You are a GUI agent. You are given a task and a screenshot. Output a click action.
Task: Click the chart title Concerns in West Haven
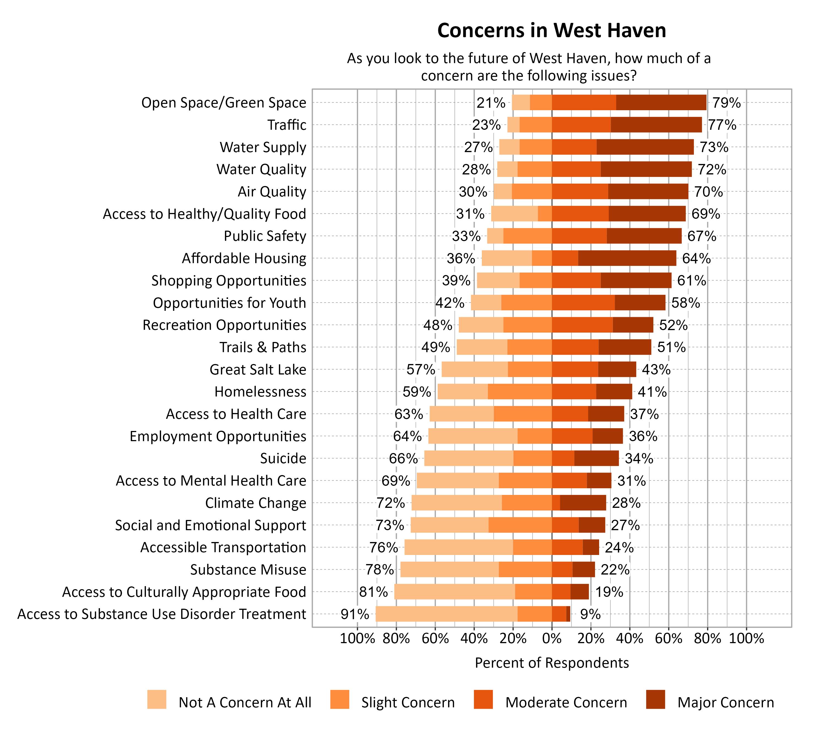click(x=551, y=31)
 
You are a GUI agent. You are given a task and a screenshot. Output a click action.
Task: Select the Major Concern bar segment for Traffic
click(x=656, y=125)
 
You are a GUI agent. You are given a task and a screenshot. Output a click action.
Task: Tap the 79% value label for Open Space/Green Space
click(x=726, y=103)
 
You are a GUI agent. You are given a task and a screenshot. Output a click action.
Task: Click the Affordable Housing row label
click(x=244, y=258)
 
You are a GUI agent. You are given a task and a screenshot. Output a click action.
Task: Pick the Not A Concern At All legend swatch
click(x=157, y=699)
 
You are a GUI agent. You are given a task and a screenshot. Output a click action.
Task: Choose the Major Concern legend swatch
click(x=656, y=699)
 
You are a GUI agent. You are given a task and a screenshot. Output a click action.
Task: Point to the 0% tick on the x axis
click(x=551, y=638)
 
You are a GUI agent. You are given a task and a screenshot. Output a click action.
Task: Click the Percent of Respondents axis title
click(x=551, y=663)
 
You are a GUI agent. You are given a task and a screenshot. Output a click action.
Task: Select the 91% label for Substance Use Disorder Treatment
click(x=355, y=614)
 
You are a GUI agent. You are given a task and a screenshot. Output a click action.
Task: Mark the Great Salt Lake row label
click(x=258, y=370)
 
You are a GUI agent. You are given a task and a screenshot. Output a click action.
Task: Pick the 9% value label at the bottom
click(x=590, y=614)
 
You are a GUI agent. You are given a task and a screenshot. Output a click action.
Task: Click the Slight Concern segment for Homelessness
click(x=520, y=392)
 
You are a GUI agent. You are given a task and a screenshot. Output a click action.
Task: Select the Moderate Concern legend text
click(x=566, y=702)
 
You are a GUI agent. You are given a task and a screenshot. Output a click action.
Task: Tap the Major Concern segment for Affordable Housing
click(x=627, y=258)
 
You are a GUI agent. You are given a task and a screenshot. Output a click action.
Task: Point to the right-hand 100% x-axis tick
click(x=746, y=638)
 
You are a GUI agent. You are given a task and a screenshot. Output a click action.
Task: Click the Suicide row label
click(x=283, y=458)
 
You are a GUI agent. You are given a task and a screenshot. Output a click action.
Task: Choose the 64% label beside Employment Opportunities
click(x=407, y=436)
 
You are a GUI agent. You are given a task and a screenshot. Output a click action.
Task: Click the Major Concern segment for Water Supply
click(x=645, y=147)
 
